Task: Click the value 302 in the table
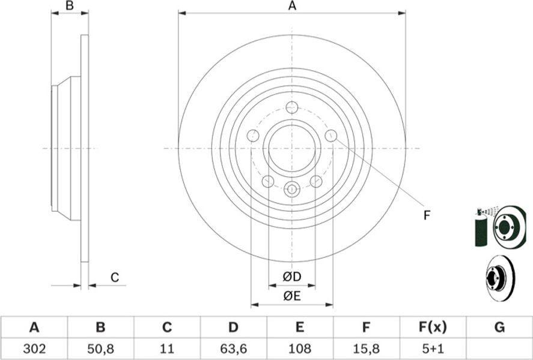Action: pos(34,348)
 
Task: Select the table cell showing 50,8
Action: pos(100,349)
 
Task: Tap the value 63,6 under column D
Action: pos(233,349)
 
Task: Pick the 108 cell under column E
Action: pos(299,348)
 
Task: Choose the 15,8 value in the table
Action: pos(366,349)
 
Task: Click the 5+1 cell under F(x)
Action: pos(433,348)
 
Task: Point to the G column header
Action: pos(499,328)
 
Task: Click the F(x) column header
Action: pos(433,328)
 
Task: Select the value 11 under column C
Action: pos(166,348)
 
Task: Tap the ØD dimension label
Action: pos(292,277)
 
